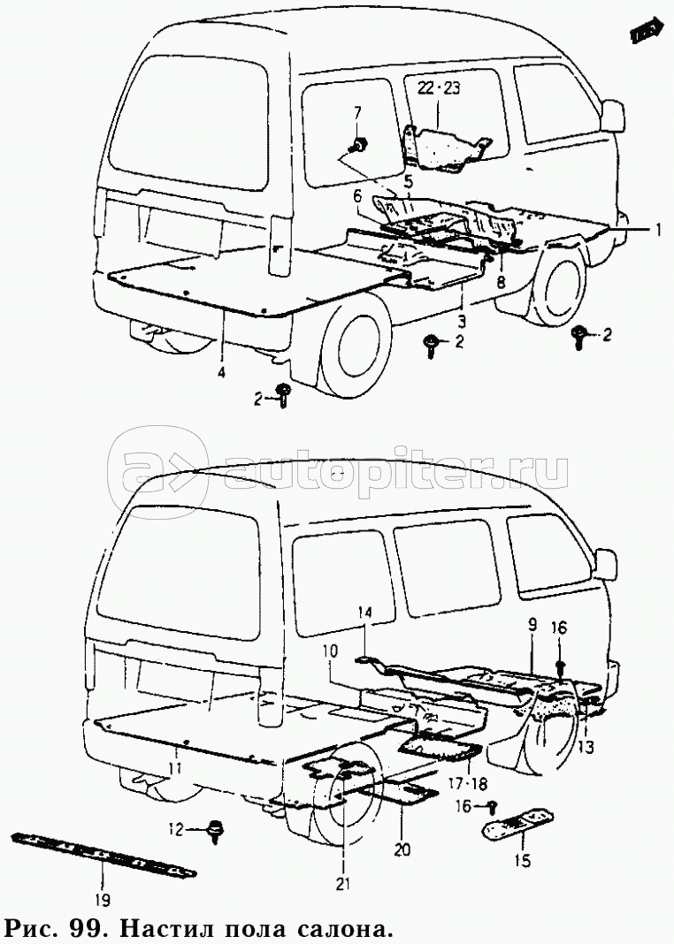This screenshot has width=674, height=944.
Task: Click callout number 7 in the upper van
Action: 358,112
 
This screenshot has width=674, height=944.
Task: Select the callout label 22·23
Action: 440,88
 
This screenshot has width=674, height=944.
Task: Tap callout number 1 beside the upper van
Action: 658,229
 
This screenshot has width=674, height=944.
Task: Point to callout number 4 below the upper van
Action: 220,373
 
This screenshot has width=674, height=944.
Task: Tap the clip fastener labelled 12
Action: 214,830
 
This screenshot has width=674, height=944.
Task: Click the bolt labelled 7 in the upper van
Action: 360,144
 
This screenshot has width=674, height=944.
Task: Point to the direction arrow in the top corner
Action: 647,31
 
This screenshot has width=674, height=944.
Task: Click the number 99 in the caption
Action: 88,929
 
